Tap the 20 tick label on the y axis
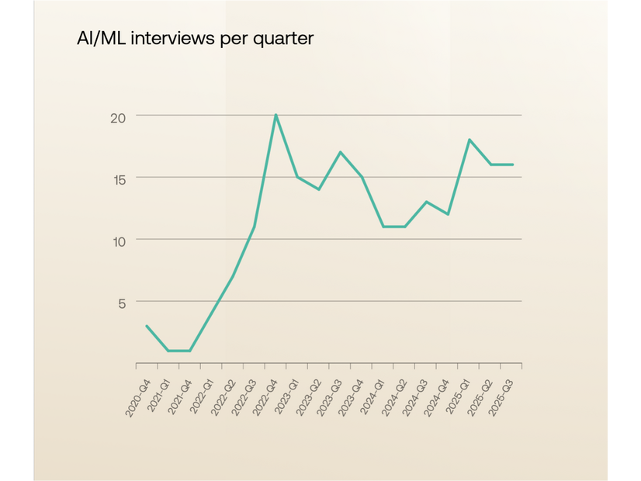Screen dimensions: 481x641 (x=117, y=117)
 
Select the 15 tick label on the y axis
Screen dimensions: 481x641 (x=117, y=178)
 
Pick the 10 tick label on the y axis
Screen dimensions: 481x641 (x=117, y=240)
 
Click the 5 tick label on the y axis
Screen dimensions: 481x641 (x=121, y=303)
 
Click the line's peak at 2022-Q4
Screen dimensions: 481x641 (x=275, y=115)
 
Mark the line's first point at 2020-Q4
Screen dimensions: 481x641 (x=147, y=326)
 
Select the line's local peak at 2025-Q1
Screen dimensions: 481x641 (x=469, y=140)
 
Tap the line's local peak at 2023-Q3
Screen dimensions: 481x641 (x=340, y=152)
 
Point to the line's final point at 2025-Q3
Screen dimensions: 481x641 (x=512, y=164)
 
